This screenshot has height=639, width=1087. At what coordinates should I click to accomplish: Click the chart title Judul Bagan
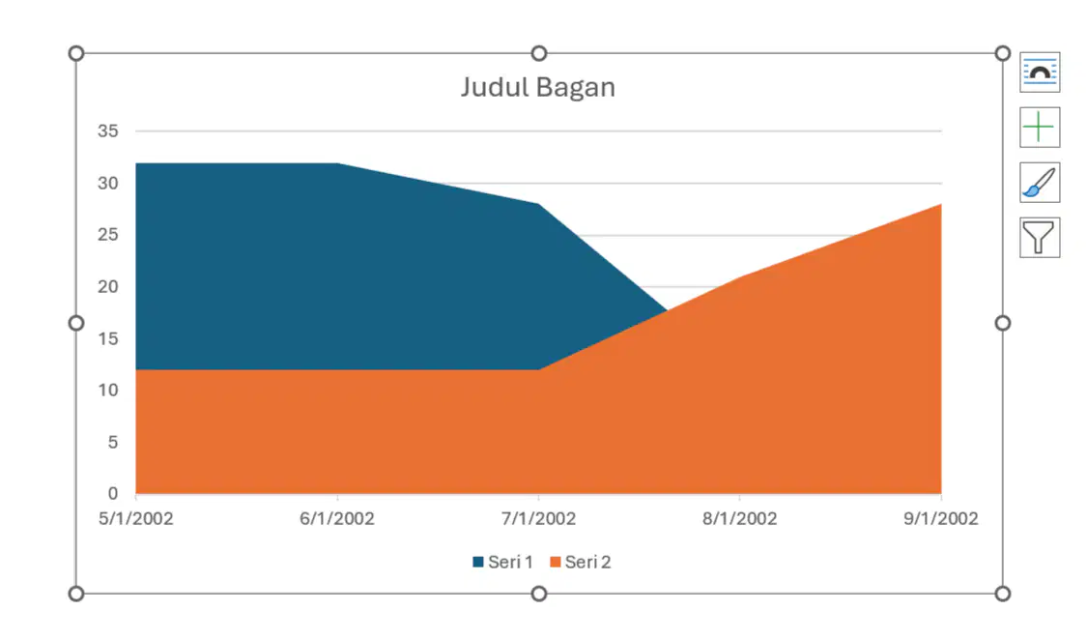(538, 87)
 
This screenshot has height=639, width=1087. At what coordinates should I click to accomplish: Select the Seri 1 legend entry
(502, 562)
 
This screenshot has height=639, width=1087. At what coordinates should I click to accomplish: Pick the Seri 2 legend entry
(581, 562)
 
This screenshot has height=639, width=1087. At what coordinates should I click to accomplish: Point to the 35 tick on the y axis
(108, 131)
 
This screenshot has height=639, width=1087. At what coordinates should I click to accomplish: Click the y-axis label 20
(108, 286)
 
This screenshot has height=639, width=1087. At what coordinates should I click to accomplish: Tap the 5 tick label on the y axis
(113, 442)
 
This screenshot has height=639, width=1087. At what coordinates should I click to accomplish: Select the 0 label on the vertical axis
(113, 493)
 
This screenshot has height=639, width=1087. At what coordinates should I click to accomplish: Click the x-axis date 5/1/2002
(136, 519)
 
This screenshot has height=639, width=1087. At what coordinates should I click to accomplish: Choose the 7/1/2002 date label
(538, 519)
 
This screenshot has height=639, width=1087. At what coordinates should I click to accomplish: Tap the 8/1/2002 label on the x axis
(740, 519)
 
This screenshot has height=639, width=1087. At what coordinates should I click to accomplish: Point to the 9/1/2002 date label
(941, 519)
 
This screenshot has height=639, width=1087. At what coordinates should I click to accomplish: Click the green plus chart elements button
(1039, 128)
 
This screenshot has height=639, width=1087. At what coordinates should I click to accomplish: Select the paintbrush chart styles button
(1039, 183)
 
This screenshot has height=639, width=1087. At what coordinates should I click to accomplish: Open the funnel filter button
(1039, 237)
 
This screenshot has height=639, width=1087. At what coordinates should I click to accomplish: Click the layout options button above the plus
(1039, 73)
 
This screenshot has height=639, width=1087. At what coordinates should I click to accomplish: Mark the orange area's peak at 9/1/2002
(941, 204)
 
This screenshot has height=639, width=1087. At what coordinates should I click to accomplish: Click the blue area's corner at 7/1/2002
(538, 204)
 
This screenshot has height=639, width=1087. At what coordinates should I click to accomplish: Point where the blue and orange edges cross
(667, 311)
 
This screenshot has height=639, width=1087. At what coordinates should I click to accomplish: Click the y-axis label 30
(108, 183)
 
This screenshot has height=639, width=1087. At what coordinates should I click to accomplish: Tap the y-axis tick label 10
(108, 390)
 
